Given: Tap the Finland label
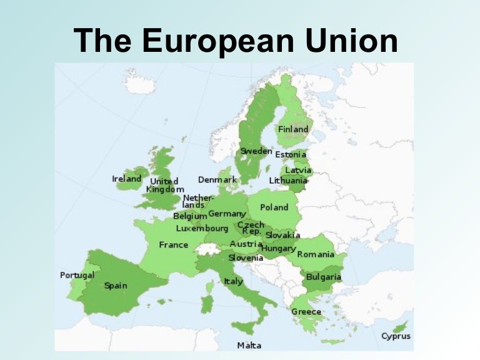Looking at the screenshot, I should (293, 129).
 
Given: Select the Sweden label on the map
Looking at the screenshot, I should (256, 151).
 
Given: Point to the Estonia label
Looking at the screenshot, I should (291, 154).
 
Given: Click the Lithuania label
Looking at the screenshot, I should (288, 181).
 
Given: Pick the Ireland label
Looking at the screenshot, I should (126, 179).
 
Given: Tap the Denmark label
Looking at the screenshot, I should (217, 180).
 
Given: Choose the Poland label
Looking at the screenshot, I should (274, 207).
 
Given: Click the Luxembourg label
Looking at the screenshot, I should (202, 229).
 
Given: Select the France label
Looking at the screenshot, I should (173, 245).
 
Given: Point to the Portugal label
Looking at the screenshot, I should (77, 275).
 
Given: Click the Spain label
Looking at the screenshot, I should (116, 286).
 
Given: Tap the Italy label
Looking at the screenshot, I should (233, 281).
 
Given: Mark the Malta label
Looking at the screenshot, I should (249, 345).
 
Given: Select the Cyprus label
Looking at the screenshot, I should (396, 336).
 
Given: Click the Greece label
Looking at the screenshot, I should (306, 312).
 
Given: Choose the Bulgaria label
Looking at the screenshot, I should (324, 277).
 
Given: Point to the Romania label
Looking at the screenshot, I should (315, 254).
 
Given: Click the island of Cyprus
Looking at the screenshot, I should (400, 326).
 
